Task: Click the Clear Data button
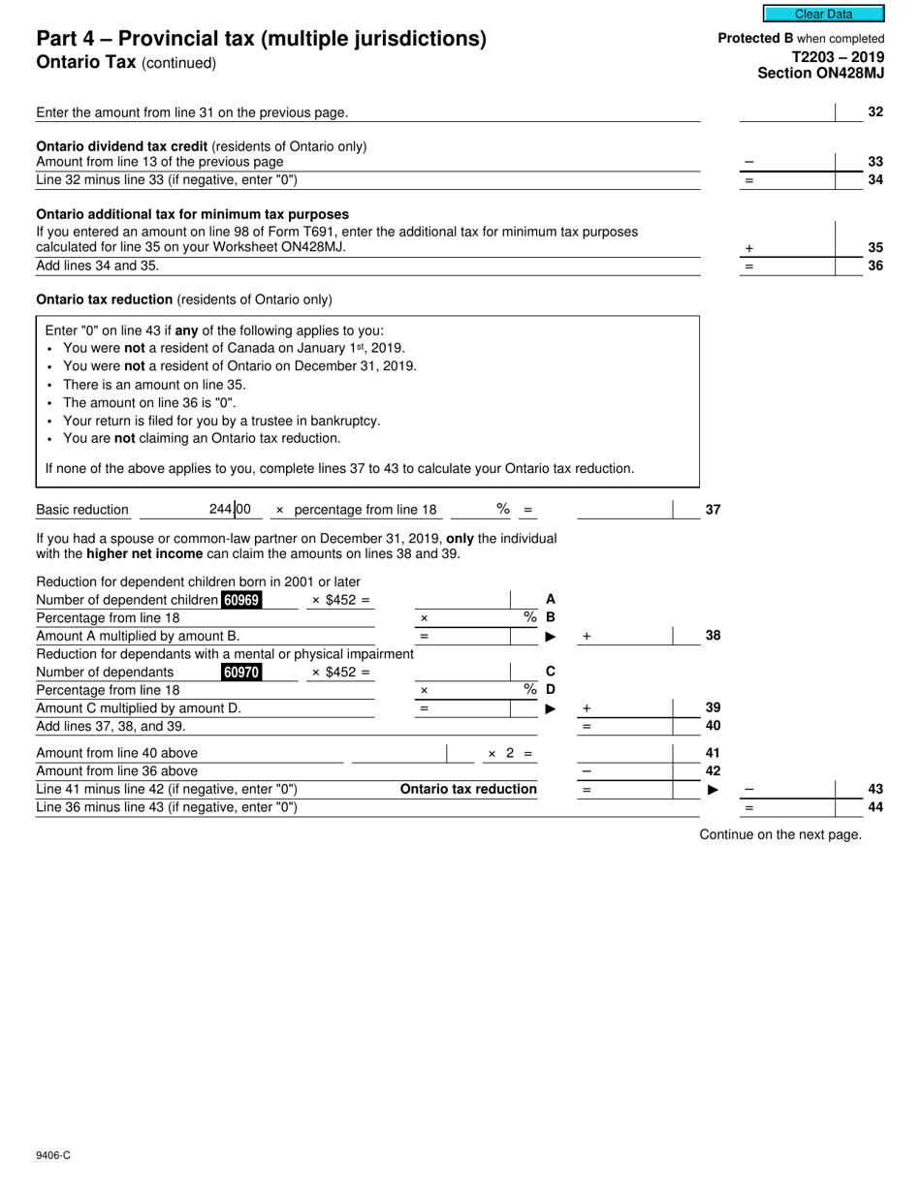tap(823, 14)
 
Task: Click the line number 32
tap(874, 112)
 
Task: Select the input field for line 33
tap(786, 161)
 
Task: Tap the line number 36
tap(874, 266)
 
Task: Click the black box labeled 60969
tap(240, 600)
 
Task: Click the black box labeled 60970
tap(240, 672)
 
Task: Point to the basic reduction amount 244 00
tap(230, 509)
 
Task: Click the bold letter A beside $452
tap(551, 600)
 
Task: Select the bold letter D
tap(551, 690)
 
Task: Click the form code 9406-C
tap(53, 1155)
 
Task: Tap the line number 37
tap(713, 510)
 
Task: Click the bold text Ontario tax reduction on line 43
tap(468, 789)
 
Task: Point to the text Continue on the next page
tap(780, 834)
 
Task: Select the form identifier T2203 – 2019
tap(838, 56)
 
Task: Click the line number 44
tap(874, 806)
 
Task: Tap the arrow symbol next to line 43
tap(714, 790)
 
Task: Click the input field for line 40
tap(625, 726)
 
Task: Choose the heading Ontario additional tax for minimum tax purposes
tap(192, 214)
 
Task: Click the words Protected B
tap(754, 38)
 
